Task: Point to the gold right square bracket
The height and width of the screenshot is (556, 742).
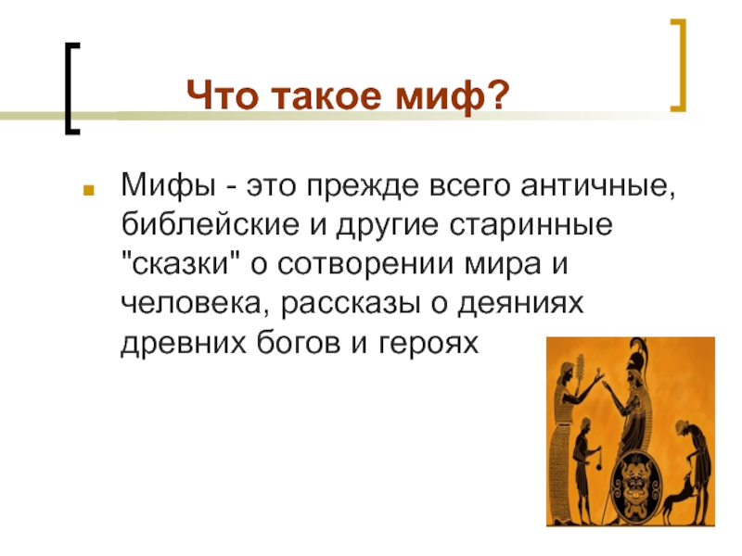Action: [679, 65]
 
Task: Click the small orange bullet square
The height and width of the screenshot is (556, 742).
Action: [88, 190]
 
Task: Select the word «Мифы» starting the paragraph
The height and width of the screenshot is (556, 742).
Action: [169, 186]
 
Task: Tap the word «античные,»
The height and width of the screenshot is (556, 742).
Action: [597, 186]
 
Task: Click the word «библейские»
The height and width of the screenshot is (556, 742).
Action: [211, 224]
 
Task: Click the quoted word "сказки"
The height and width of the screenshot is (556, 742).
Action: [180, 263]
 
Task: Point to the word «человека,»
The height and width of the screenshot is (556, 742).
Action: [191, 303]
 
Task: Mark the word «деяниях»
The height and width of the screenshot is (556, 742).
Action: [519, 303]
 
